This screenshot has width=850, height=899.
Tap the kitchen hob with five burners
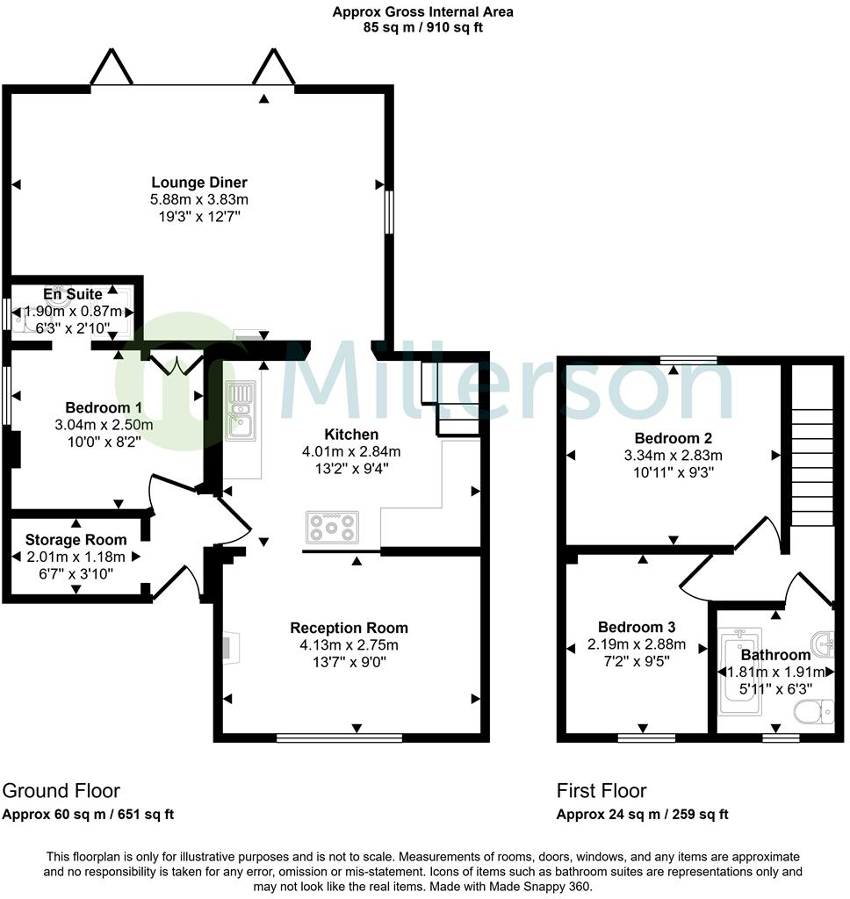pyautogui.click(x=332, y=527)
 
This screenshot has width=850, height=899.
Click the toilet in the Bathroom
pyautogui.click(x=813, y=710)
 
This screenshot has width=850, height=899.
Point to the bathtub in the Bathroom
pyautogui.click(x=733, y=672)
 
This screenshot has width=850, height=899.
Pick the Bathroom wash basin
pyautogui.click(x=821, y=643)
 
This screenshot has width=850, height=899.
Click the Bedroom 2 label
pyautogui.click(x=673, y=438)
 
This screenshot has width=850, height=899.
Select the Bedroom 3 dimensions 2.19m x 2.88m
pyautogui.click(x=637, y=644)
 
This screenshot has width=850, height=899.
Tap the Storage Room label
pyautogui.click(x=76, y=540)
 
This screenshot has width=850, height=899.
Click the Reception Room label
pyautogui.click(x=349, y=628)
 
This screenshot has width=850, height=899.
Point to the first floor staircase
pyautogui.click(x=812, y=465)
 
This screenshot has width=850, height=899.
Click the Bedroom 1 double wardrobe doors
pyautogui.click(x=174, y=363)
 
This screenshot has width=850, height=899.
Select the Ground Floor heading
pyautogui.click(x=61, y=790)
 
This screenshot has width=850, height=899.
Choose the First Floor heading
pyautogui.click(x=601, y=790)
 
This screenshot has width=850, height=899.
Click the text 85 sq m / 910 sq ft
pyautogui.click(x=423, y=27)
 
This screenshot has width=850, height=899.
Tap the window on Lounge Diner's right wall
pyautogui.click(x=388, y=212)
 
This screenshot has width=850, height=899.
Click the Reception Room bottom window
pyautogui.click(x=339, y=738)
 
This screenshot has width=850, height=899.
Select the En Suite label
pyautogui.click(x=74, y=294)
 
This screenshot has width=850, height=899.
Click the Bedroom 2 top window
pyautogui.click(x=688, y=358)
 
